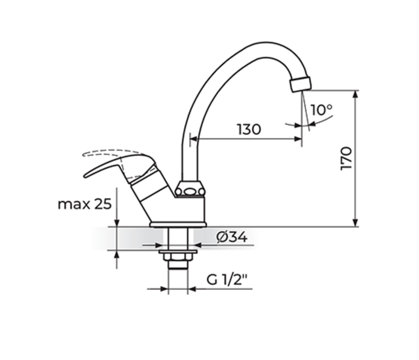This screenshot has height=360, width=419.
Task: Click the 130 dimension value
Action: (x=249, y=129)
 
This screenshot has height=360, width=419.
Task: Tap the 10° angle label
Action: (x=322, y=110)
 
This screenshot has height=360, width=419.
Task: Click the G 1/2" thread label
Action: (x=228, y=280)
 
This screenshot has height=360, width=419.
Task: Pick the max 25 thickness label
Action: (x=85, y=204)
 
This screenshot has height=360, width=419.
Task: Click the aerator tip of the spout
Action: (x=300, y=84)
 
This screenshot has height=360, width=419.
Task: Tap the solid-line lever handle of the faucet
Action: (x=114, y=164)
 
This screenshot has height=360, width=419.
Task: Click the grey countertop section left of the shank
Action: (x=129, y=238)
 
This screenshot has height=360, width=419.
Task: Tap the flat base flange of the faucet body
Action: (x=178, y=225)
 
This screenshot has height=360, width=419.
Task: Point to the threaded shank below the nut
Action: (x=178, y=273)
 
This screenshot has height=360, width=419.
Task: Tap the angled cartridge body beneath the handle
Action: (x=150, y=186)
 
